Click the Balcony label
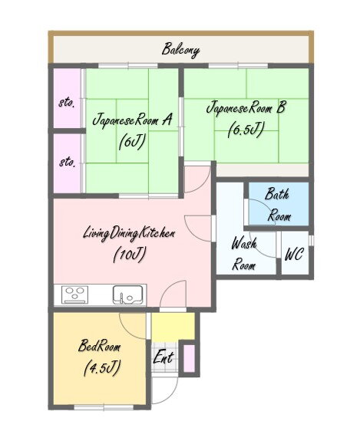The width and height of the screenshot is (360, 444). (180, 50)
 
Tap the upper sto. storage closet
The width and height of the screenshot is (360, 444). (68, 98)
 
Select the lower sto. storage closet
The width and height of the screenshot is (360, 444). (68, 163)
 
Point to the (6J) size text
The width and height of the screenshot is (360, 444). (132, 141)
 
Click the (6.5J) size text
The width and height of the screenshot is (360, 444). (246, 130)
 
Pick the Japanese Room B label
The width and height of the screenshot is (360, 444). (246, 108)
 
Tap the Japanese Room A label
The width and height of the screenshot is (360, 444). (132, 120)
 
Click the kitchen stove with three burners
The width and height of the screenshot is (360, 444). (74, 294)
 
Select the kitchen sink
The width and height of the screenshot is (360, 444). (127, 294)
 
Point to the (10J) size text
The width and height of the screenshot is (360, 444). (130, 254)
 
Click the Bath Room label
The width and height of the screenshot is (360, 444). (278, 205)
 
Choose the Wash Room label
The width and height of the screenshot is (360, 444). (244, 254)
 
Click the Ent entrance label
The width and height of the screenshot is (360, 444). (163, 357)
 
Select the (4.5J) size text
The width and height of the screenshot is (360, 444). (102, 367)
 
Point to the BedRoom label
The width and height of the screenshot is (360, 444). (99, 346)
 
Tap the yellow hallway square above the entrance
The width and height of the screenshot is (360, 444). (173, 327)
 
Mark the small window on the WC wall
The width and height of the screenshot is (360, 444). (311, 240)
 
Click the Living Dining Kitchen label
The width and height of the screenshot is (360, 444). (129, 234)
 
